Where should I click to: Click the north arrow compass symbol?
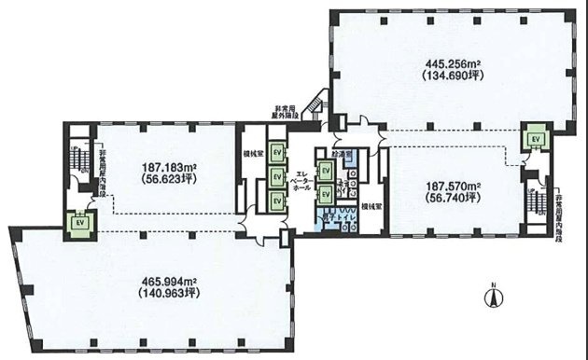489,297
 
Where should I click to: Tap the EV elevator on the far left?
79,223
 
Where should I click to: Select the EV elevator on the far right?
536,139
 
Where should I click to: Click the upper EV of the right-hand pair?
326,171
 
